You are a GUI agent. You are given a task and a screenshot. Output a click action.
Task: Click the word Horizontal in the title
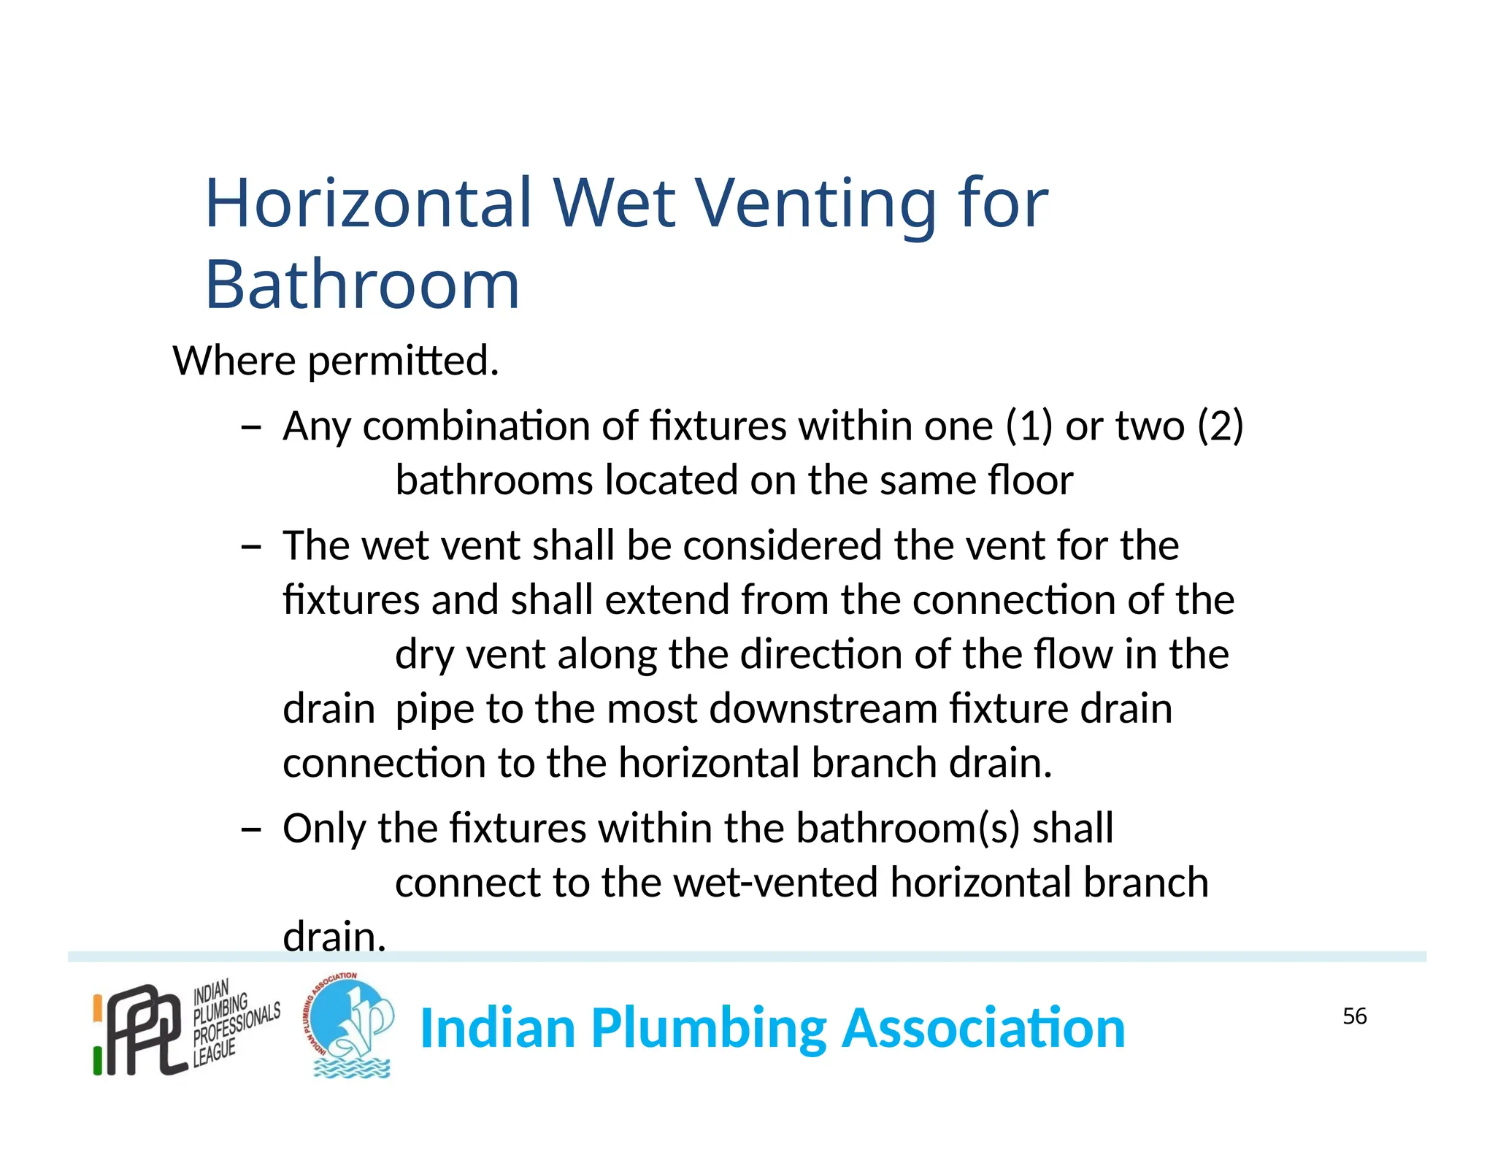tap(369, 204)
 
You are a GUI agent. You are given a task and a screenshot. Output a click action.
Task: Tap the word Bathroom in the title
tap(362, 285)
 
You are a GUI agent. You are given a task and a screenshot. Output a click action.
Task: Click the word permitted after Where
tap(403, 361)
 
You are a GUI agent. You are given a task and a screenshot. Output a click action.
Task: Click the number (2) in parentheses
tap(1221, 426)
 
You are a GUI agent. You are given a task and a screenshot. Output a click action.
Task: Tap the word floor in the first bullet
tap(1030, 480)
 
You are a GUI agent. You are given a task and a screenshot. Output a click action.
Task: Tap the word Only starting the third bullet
tap(324, 829)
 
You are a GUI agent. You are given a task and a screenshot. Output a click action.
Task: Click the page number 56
tap(1354, 1016)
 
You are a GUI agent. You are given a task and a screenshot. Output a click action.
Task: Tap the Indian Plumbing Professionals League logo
tap(186, 1027)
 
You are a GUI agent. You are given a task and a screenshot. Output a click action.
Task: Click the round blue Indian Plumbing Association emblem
tap(350, 1026)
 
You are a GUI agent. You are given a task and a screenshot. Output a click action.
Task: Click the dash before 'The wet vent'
tap(250, 546)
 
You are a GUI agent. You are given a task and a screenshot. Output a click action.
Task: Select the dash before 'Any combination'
tap(250, 426)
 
